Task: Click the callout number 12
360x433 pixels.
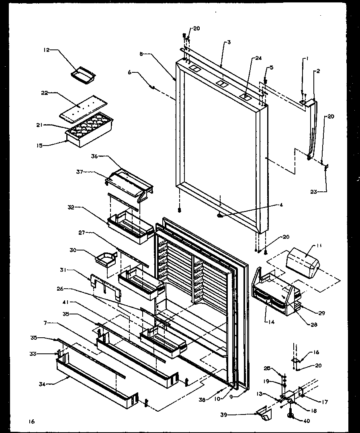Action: (x=46, y=50)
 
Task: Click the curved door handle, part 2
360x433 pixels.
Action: (x=312, y=129)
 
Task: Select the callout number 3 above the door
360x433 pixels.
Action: (x=228, y=42)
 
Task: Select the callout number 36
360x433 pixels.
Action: (x=94, y=156)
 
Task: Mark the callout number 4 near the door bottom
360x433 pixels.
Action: (x=281, y=205)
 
